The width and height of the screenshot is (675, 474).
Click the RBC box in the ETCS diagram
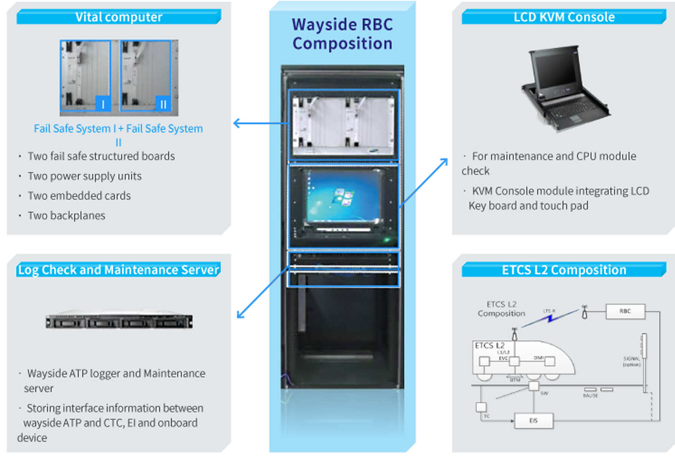pyautogui.click(x=625, y=311)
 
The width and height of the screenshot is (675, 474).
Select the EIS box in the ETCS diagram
pyautogui.click(x=533, y=420)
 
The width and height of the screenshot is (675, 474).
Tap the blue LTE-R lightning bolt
pyautogui.click(x=550, y=318)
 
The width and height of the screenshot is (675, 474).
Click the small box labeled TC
pyautogui.click(x=481, y=407)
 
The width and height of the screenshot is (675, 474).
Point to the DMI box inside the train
pyautogui.click(x=549, y=361)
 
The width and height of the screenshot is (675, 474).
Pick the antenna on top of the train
pyautogui.click(x=514, y=334)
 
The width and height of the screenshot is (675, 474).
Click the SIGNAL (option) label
pyautogui.click(x=632, y=361)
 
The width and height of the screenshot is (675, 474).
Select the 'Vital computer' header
pyautogui.click(x=119, y=17)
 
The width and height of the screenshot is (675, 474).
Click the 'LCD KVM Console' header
pyautogui.click(x=564, y=17)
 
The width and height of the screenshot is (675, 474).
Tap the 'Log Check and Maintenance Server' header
pyautogui.click(x=118, y=270)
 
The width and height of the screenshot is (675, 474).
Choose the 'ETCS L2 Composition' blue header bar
pyautogui.click(x=564, y=270)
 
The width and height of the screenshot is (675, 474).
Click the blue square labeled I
pyautogui.click(x=103, y=104)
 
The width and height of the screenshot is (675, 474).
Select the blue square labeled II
pyautogui.click(x=163, y=104)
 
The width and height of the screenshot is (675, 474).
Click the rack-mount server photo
pyautogui.click(x=119, y=321)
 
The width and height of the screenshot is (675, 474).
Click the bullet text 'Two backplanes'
pyautogui.click(x=67, y=216)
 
